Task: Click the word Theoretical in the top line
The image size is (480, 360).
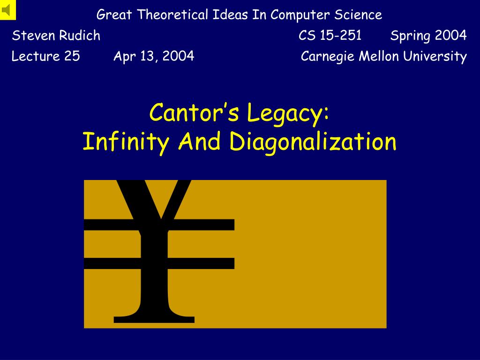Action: click(x=172, y=15)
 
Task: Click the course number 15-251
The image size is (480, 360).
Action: click(x=340, y=35)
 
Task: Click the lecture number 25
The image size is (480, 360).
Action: click(x=72, y=56)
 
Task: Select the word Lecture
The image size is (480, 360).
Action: click(x=36, y=56)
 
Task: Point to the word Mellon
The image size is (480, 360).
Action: click(x=379, y=56)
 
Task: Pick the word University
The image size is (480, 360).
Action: click(x=435, y=57)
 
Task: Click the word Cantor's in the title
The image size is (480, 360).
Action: click(x=194, y=112)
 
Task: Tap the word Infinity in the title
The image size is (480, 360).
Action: click(x=126, y=142)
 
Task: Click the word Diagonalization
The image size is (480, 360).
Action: click(x=313, y=142)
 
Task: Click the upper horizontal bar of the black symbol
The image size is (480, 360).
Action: click(x=159, y=225)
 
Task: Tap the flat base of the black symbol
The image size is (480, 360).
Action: click(x=154, y=319)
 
